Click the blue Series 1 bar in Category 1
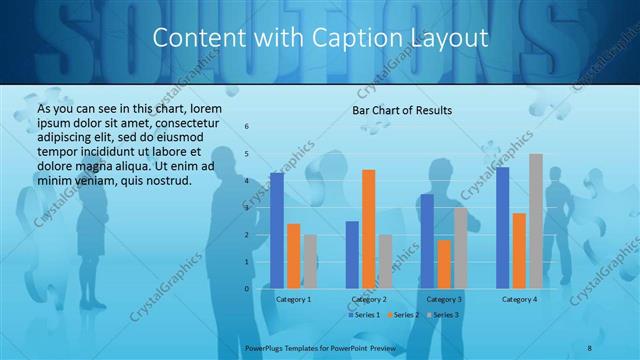point(277,231)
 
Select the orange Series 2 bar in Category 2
point(369,229)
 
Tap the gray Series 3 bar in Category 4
point(536,221)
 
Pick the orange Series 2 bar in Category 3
point(444,264)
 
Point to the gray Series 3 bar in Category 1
point(310,262)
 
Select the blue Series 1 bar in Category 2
point(352,255)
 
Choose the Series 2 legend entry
point(402,315)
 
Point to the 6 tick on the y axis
point(247,127)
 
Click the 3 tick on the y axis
point(247,208)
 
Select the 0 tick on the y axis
point(247,289)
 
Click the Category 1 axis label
point(293,299)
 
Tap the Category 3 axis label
point(444,299)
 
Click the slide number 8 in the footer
point(589,346)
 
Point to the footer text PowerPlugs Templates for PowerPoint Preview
point(321,346)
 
